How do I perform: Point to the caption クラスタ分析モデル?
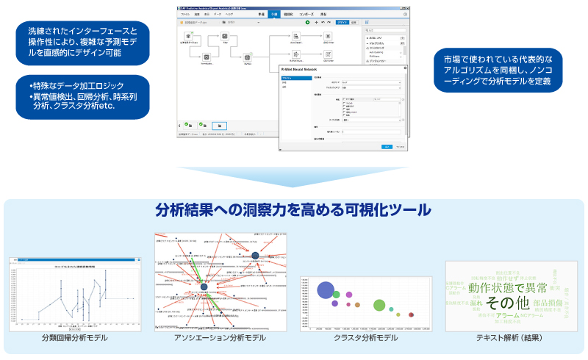(x=365, y=337)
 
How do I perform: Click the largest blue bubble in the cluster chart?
(x=326, y=291)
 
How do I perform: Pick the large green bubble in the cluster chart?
(x=379, y=304)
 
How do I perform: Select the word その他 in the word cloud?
(x=507, y=303)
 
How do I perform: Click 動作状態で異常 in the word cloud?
(x=507, y=287)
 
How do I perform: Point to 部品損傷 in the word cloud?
(x=548, y=303)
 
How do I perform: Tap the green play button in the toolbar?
(x=307, y=23)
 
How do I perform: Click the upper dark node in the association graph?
(x=255, y=255)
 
